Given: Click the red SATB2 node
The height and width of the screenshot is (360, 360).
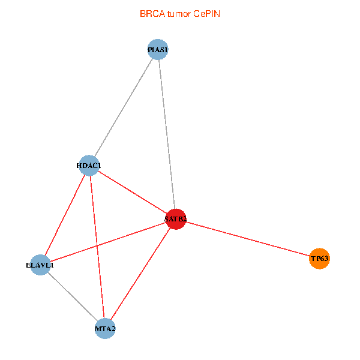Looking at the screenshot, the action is point(176,219).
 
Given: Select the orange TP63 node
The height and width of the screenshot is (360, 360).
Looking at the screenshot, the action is point(319,259).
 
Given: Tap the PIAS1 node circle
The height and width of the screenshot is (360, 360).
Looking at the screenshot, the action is point(158,50).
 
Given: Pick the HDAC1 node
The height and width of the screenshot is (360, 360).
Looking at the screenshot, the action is point(89,166).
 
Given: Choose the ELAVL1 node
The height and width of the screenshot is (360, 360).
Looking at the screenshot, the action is point(40,265).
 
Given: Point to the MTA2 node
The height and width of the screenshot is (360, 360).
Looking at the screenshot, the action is point(105,329).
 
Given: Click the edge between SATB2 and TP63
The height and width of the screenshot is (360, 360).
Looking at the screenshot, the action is point(247,239).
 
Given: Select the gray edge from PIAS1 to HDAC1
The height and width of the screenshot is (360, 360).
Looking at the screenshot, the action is point(124,107).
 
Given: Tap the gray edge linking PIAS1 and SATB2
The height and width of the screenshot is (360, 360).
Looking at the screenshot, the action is point(167,134).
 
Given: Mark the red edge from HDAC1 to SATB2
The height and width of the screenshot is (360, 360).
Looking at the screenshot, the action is point(133,193).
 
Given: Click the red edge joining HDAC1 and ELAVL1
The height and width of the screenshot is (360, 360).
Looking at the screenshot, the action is point(65,215).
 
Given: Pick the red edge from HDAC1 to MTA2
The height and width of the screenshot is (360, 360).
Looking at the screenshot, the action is point(97,247).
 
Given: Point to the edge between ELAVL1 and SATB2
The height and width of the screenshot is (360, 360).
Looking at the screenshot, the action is point(108,242).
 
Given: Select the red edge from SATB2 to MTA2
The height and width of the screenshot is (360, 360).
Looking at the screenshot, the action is point(140,274).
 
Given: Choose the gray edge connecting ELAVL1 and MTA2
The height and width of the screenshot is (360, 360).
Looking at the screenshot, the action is point(73,296).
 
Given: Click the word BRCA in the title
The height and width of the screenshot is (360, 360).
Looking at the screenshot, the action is point(152,14).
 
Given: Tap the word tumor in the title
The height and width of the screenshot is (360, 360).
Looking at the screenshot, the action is point(179,14).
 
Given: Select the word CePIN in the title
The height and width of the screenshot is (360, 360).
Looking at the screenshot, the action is point(206,14).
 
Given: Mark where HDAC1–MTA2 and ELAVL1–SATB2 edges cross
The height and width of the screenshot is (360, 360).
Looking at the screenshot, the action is point(97,245).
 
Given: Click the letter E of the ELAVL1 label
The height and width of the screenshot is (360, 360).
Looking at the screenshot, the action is point(28,265).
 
